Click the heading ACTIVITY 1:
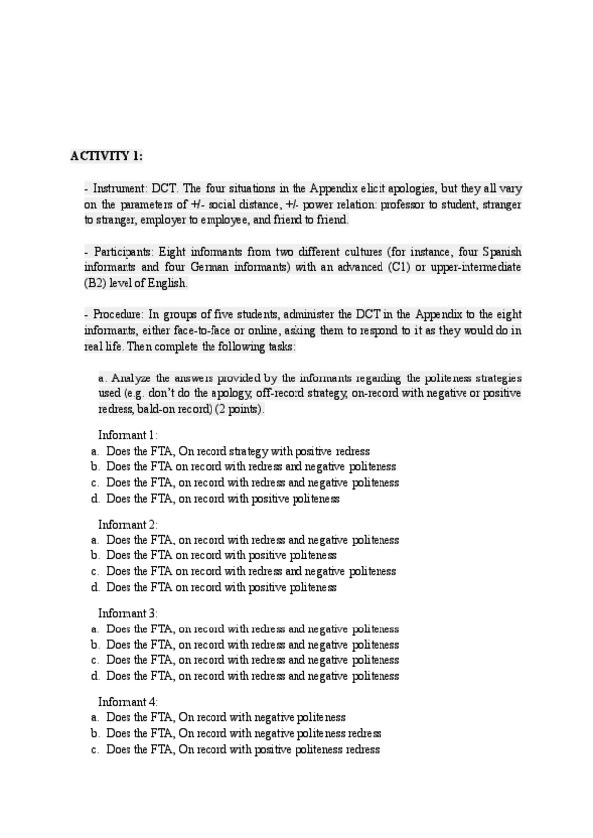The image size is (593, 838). [107, 156]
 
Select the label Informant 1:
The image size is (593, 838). [127, 435]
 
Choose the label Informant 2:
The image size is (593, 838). [127, 523]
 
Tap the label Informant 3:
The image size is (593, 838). [127, 613]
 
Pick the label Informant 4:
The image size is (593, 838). [127, 701]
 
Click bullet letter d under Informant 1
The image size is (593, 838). [94, 499]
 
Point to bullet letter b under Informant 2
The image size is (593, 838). [94, 556]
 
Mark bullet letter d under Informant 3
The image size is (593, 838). [94, 676]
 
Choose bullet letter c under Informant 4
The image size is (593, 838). [94, 750]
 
